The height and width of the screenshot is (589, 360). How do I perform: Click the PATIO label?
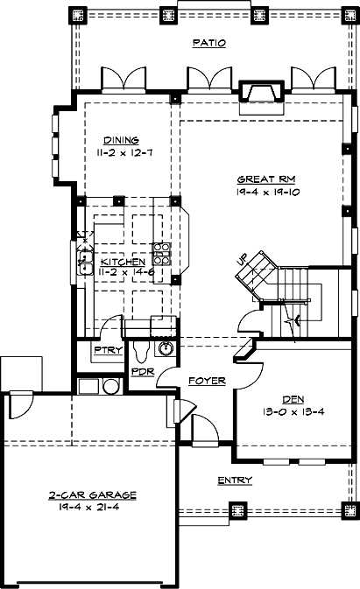(x=209, y=43)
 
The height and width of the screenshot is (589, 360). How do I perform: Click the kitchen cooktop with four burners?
(x=162, y=254)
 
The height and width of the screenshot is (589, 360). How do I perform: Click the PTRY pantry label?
(x=107, y=351)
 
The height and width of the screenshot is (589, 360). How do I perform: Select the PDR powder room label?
(x=142, y=371)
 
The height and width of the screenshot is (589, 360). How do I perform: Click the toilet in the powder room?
(x=140, y=348)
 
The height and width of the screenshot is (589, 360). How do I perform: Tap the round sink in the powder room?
(x=163, y=349)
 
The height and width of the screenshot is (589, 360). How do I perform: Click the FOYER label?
(x=207, y=381)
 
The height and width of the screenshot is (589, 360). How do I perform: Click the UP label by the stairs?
(x=244, y=259)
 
